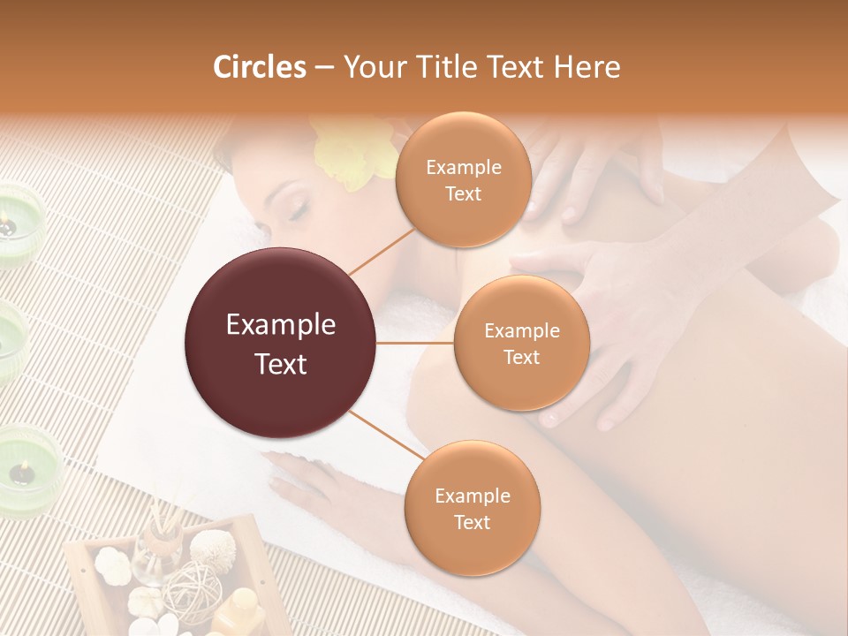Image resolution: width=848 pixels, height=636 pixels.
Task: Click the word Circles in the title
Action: [259, 67]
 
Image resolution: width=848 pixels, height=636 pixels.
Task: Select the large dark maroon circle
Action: [281, 343]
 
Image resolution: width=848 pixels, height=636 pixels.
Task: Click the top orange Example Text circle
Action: [463, 179]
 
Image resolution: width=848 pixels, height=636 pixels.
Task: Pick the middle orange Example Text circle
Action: [521, 343]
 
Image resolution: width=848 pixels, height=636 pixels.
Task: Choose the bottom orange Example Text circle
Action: [472, 508]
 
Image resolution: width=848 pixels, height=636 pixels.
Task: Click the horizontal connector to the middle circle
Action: [415, 343]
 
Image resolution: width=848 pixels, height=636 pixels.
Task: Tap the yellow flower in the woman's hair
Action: [352, 155]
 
